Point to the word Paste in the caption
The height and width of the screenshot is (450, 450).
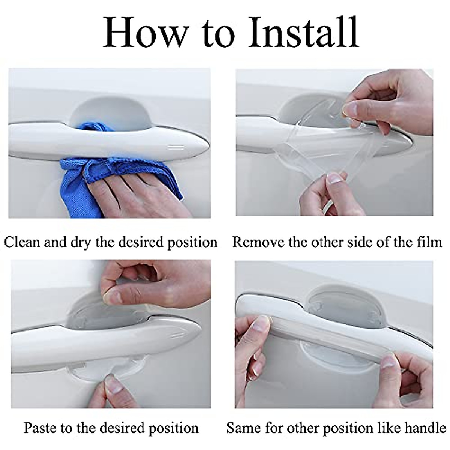(41, 427)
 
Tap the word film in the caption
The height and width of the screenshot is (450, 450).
(430, 242)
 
